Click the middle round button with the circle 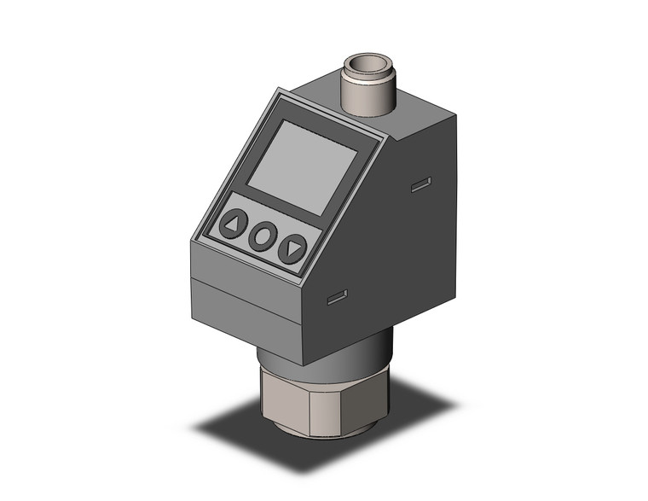tap(263, 236)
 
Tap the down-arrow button tap(292, 248)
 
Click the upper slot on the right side tap(420, 184)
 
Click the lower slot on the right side tap(338, 297)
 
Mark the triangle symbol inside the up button tap(233, 225)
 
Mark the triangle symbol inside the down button tap(292, 249)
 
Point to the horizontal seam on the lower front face tap(243, 294)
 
